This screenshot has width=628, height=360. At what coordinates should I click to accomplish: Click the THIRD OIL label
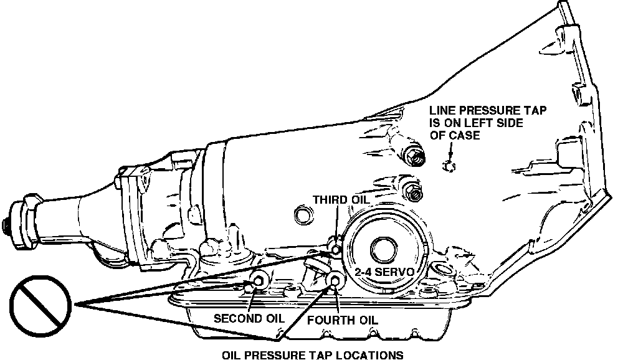(341, 199)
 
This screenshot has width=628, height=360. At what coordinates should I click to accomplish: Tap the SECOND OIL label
(249, 318)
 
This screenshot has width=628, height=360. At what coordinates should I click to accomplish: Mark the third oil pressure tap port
(336, 249)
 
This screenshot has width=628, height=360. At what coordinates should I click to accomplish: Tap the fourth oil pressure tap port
(335, 282)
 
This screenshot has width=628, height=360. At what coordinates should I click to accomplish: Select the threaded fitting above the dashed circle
(413, 154)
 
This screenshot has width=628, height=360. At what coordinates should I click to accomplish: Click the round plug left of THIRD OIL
(305, 216)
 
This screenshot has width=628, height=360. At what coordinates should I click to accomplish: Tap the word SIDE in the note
(506, 123)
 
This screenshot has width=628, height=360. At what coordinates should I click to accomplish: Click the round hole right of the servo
(444, 269)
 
